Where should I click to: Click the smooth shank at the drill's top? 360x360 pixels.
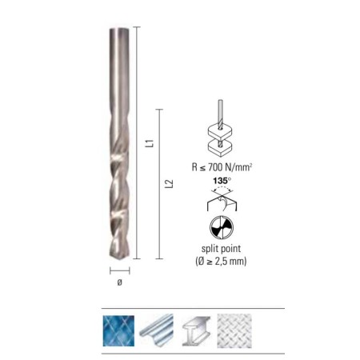tap(118, 64)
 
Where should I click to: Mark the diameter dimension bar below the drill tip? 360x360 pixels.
tap(120, 270)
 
